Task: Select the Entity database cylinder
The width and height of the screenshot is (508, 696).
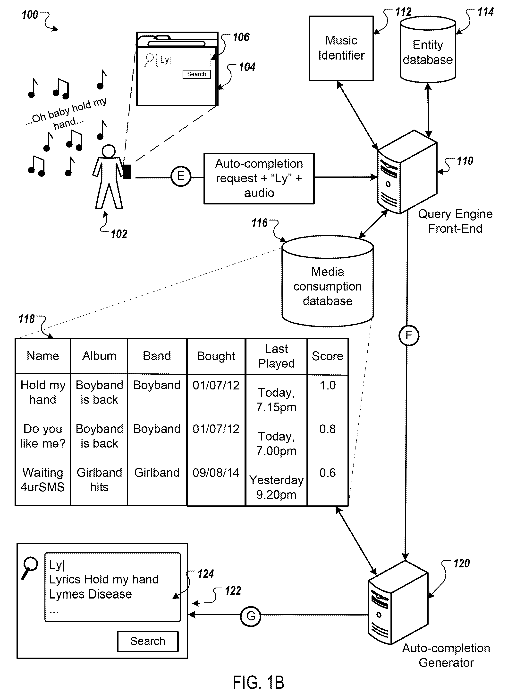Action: tap(428, 50)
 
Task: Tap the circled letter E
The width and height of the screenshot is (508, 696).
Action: tap(181, 176)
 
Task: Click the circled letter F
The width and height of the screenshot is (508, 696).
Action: tap(409, 335)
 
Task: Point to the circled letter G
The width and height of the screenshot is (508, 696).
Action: tap(251, 616)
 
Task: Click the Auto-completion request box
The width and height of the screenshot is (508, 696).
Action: tap(259, 178)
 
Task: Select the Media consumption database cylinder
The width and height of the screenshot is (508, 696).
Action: tap(328, 281)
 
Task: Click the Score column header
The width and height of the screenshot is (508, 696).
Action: tap(328, 356)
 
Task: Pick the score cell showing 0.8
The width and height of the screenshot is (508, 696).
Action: tap(328, 429)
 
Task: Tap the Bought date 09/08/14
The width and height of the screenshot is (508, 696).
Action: tap(216, 473)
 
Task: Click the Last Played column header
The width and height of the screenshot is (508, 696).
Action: tap(276, 356)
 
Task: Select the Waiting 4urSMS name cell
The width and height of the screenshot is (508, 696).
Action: tap(43, 480)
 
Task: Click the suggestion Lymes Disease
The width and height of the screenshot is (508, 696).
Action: tap(90, 594)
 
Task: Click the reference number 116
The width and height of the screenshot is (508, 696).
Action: tap(260, 223)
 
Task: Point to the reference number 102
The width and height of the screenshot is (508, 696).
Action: tap(119, 234)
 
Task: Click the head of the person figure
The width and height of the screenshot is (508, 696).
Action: tap(109, 151)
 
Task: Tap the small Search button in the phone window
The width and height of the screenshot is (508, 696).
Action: tap(196, 74)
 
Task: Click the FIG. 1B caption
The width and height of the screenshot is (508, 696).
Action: tap(258, 682)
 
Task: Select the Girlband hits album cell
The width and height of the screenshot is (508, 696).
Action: tap(99, 480)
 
